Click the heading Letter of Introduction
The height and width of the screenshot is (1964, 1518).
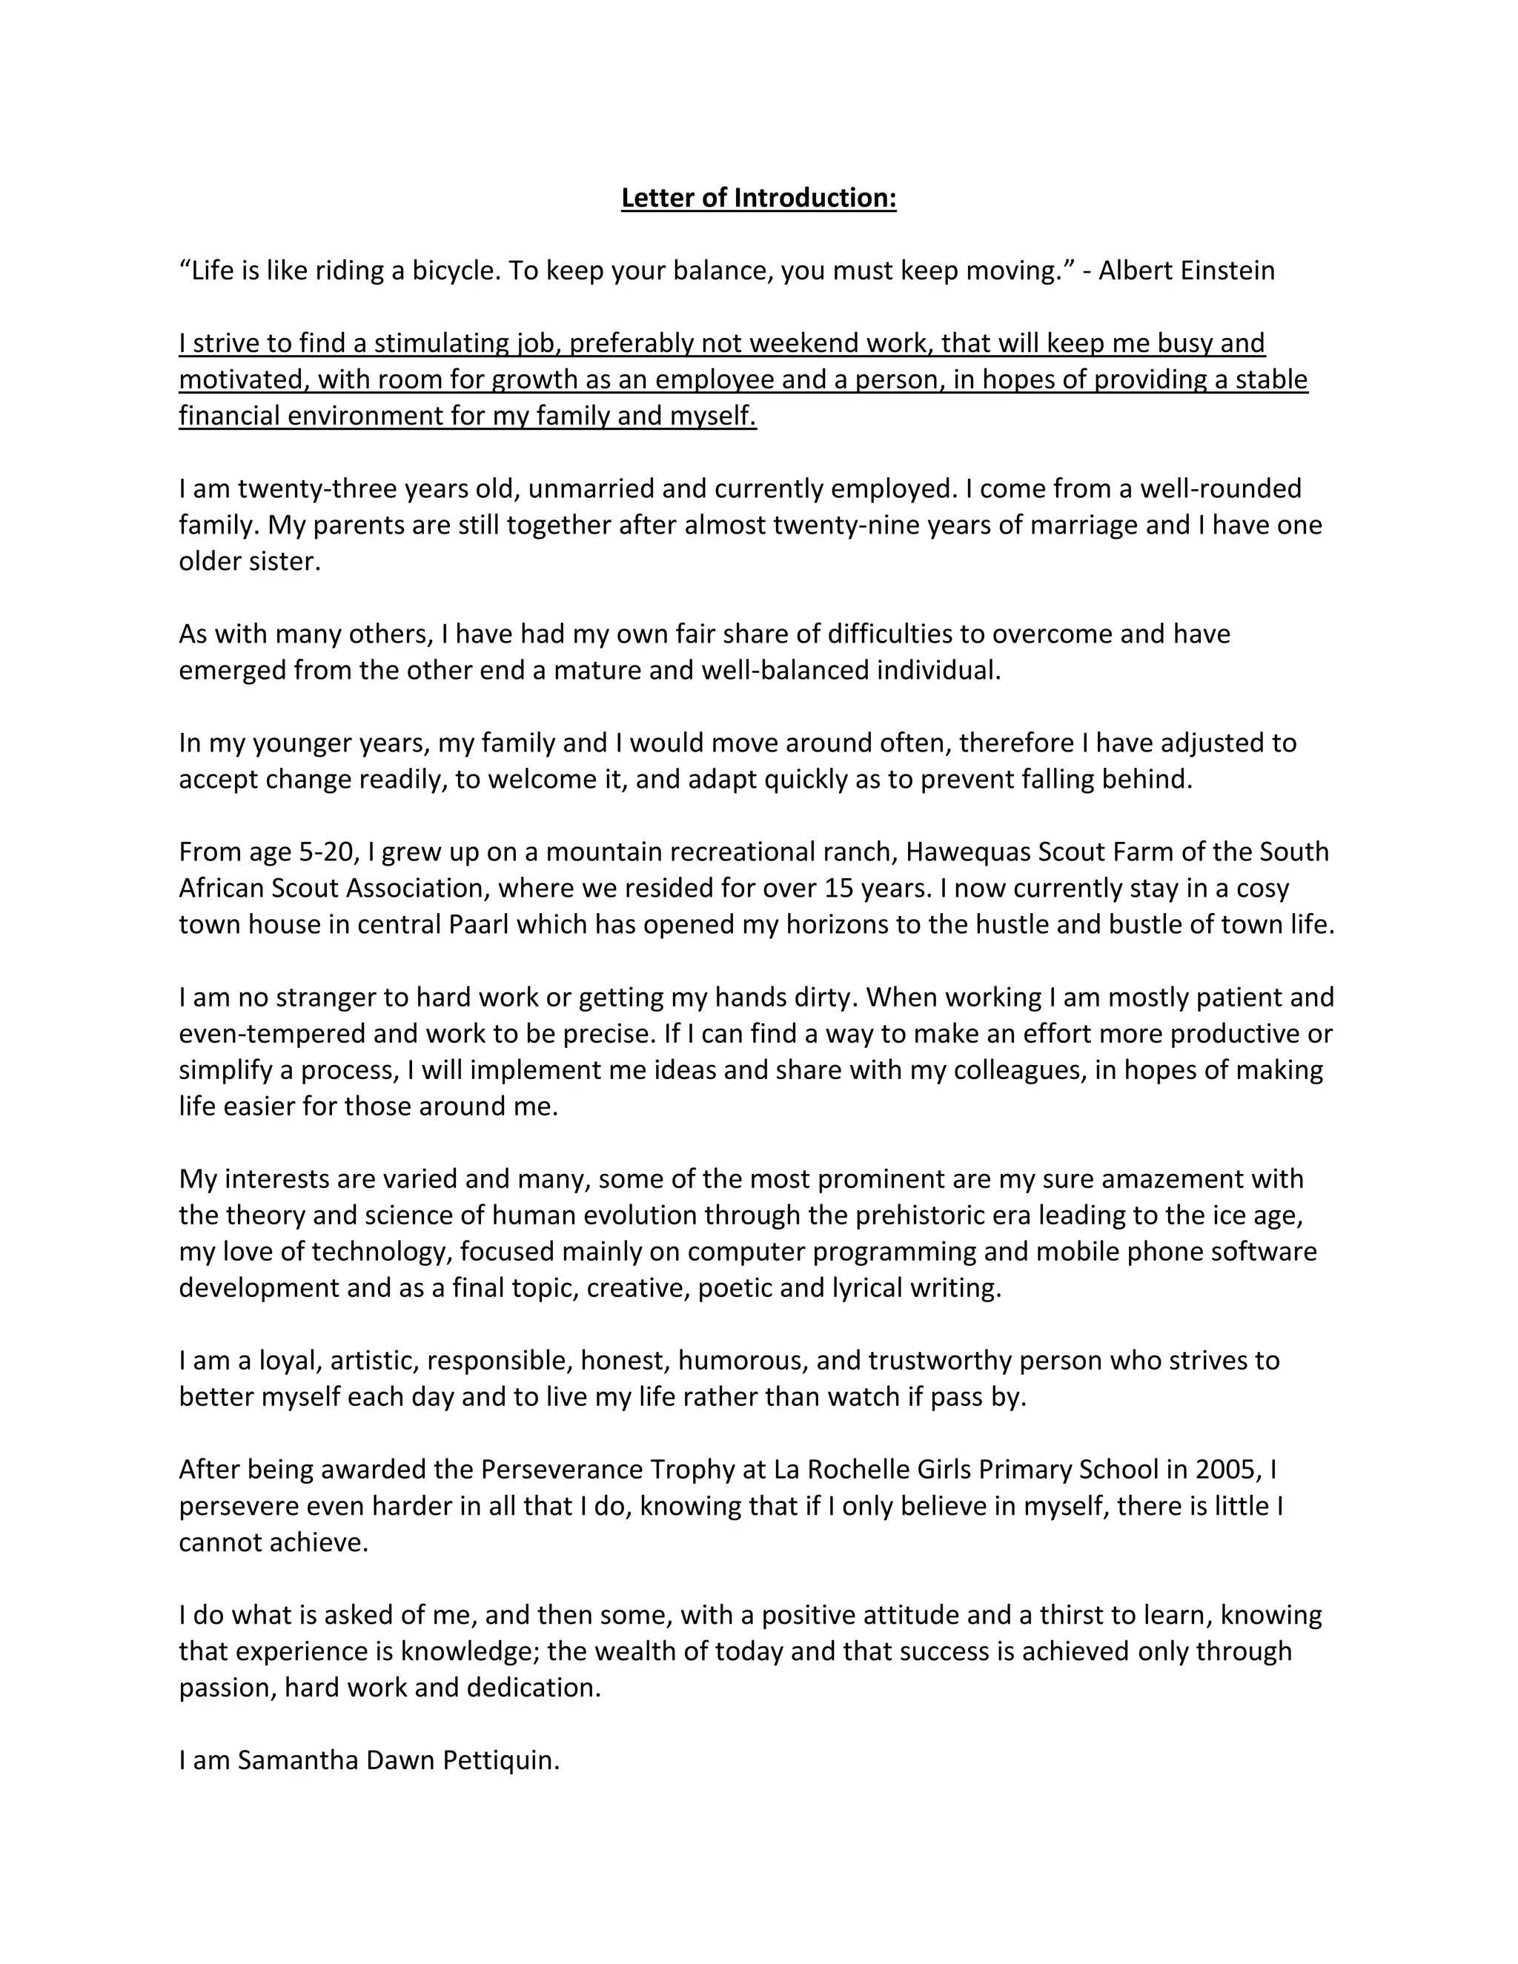tap(758, 198)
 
